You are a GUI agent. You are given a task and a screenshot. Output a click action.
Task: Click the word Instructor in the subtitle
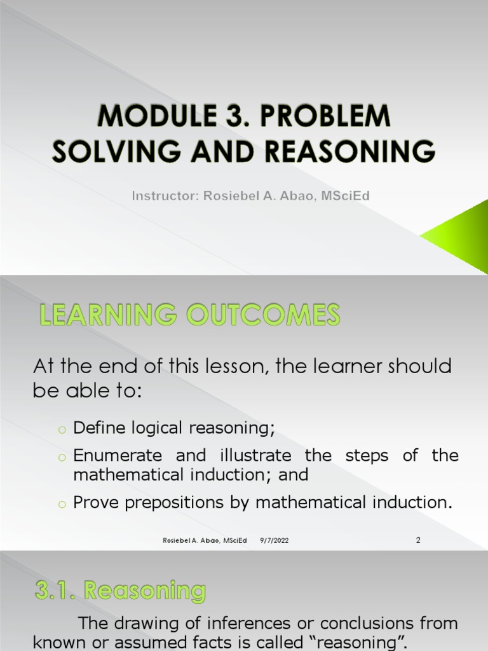(165, 196)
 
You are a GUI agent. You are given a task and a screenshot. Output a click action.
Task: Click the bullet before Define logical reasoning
(62, 428)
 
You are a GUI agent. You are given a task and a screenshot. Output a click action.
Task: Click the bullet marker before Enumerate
(62, 456)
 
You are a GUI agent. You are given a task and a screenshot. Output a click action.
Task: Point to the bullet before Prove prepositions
(62, 504)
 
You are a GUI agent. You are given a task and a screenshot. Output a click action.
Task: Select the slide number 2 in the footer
(418, 540)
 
